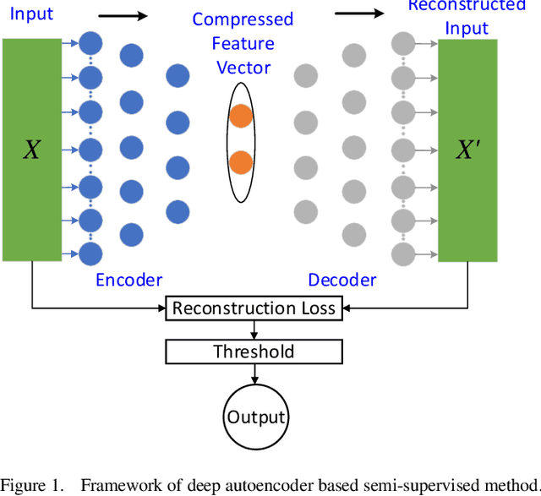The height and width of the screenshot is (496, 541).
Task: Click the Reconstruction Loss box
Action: point(254,308)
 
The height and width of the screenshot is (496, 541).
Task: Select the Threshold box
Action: point(254,352)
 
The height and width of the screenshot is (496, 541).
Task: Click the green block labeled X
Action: point(31,150)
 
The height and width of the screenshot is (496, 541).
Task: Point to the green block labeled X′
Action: point(467,150)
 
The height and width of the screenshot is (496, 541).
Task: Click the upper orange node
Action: point(241,117)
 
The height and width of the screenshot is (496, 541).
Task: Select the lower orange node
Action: point(241,161)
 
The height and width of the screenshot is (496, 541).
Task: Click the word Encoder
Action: point(128,281)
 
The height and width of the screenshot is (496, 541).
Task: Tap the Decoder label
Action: point(342,281)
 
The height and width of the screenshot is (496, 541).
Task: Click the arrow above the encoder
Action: point(123,14)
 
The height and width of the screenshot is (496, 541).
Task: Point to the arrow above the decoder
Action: point(359,13)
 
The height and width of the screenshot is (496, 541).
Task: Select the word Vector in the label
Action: point(242,67)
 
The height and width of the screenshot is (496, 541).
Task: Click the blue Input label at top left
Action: point(31,14)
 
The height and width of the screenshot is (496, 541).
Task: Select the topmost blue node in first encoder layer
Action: point(90,41)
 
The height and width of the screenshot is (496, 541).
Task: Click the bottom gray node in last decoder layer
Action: point(405,253)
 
